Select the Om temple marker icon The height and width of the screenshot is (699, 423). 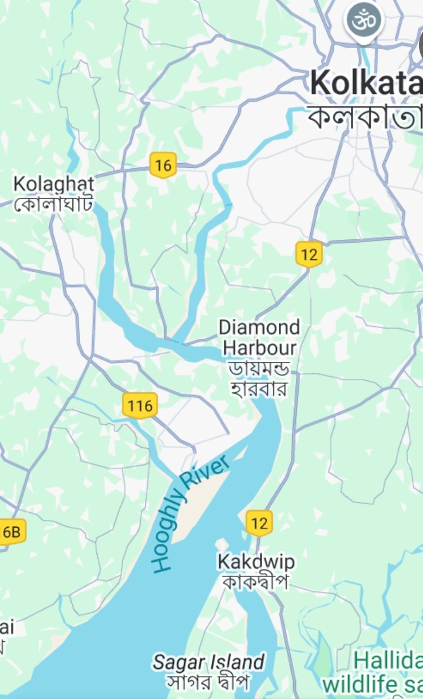point(364,21)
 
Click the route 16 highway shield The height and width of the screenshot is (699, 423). point(163,165)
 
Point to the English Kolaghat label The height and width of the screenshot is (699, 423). point(54,184)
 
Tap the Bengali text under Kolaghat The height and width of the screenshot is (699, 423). point(54,203)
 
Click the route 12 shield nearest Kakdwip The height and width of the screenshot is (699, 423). point(259,523)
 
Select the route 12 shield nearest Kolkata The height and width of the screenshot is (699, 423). point(309,254)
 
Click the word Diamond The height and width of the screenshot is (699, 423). point(259,327)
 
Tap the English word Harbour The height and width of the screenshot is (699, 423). point(260,347)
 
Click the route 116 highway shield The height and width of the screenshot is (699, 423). point(140,406)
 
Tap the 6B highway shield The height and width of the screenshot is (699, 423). point(11,532)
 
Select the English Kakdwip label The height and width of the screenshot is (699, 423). point(256,562)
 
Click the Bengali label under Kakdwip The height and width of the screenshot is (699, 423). point(255,582)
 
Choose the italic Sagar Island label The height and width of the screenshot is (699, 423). point(209,663)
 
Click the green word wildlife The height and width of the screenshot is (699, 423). point(358,684)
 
